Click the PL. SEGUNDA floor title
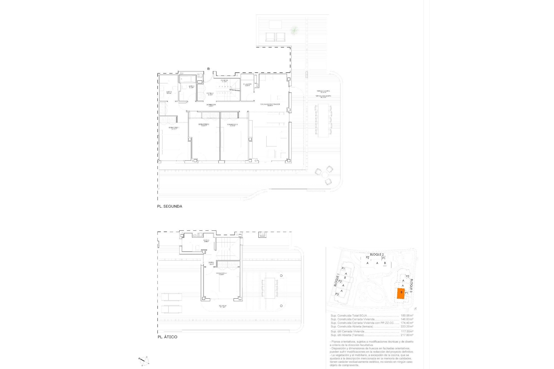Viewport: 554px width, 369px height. (169, 206)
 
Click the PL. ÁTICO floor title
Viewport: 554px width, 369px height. (167, 337)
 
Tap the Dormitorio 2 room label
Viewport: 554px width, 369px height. (204, 125)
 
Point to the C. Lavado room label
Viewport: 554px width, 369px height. (248, 85)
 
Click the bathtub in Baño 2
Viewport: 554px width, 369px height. (188, 79)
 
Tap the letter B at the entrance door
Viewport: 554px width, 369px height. (208, 69)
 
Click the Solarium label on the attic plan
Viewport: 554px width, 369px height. (222, 306)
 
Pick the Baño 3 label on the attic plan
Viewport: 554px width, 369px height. (206, 241)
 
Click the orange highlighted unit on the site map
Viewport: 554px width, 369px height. (401, 294)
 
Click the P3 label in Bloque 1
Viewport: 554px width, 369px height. (337, 294)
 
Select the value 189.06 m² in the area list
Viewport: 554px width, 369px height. (407, 316)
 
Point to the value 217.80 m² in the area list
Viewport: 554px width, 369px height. (407, 335)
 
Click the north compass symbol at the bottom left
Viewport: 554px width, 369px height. (144, 360)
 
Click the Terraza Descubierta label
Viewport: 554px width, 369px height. (323, 96)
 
